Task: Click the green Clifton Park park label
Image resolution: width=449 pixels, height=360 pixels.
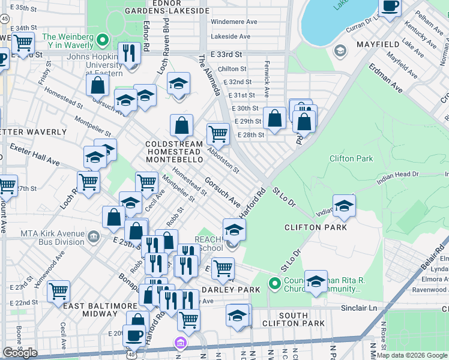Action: (x=351, y=159)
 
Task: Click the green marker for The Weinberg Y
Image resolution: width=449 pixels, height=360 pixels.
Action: (x=103, y=41)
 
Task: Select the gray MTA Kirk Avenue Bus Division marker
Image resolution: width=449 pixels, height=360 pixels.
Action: (x=94, y=236)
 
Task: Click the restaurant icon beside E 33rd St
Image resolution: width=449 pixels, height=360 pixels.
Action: (x=129, y=54)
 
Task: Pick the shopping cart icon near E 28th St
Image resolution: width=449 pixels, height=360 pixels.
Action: (x=217, y=134)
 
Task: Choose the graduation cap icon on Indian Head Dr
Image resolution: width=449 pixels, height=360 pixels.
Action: (x=344, y=206)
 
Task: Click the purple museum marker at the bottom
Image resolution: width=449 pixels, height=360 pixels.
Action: (x=179, y=343)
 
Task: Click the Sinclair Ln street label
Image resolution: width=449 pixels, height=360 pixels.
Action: (x=367, y=307)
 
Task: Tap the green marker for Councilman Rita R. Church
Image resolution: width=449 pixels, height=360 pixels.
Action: (x=275, y=282)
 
